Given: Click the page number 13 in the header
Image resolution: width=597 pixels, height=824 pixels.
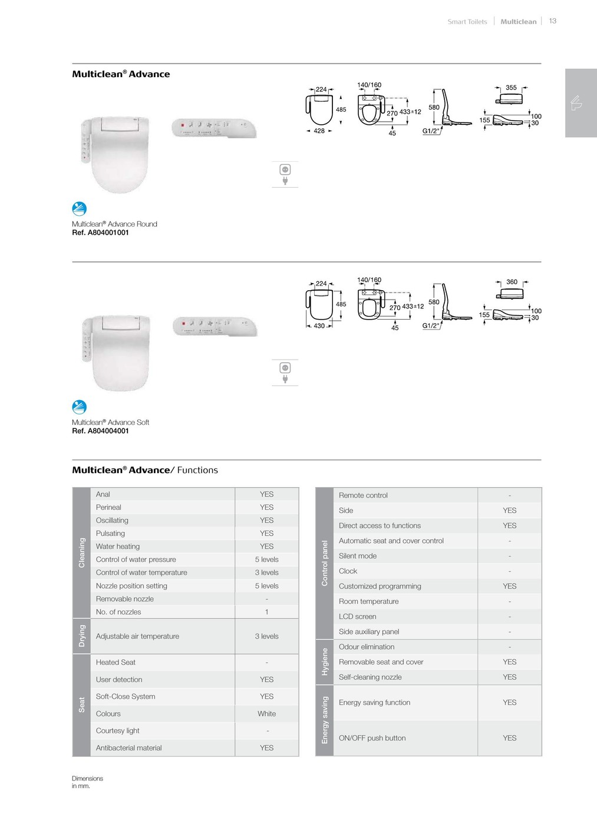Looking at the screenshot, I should (552, 21).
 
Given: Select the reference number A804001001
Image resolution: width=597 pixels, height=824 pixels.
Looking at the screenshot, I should (100, 232).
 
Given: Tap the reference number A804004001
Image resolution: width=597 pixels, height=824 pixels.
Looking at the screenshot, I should (100, 431).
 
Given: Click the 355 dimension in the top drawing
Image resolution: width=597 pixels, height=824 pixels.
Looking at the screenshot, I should (511, 88).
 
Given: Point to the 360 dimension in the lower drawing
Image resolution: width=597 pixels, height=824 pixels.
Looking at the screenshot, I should (512, 282).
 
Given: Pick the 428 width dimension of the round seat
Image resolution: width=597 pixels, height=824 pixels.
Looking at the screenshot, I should (319, 131).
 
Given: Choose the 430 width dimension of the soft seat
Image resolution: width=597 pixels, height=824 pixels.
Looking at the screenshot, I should (319, 325).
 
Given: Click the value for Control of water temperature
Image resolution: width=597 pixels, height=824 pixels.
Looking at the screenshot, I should (266, 573).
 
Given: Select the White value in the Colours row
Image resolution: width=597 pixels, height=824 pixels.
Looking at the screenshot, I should (266, 714).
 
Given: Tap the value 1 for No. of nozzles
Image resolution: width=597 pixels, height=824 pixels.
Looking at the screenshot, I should (266, 612).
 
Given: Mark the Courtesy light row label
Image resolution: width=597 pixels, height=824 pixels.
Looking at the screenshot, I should (118, 731).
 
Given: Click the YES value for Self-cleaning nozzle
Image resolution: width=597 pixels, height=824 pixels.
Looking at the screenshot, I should (509, 677).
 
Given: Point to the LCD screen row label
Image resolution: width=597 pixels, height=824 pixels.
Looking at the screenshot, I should (357, 617).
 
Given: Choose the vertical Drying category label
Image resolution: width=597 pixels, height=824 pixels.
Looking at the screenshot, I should (82, 636).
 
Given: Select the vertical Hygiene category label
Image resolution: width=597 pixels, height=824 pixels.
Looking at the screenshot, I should (324, 662).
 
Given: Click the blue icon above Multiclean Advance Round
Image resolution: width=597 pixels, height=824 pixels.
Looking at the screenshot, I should (79, 209).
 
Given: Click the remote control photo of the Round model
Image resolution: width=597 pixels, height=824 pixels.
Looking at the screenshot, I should (214, 128).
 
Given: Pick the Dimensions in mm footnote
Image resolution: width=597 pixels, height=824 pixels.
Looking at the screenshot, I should (87, 782).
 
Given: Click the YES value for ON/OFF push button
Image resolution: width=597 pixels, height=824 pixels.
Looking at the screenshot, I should (509, 738).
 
